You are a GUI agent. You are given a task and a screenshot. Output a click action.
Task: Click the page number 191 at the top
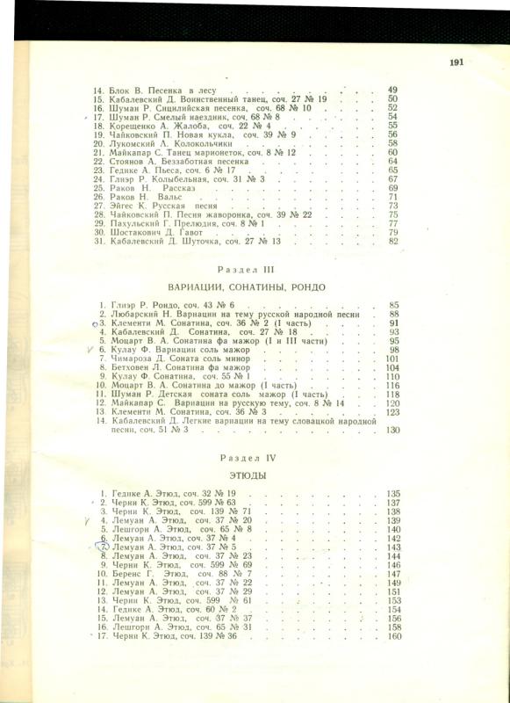[x=456, y=62]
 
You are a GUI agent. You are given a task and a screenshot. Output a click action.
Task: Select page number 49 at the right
[x=392, y=91]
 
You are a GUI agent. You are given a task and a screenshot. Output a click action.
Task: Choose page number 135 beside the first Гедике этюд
[x=392, y=494]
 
